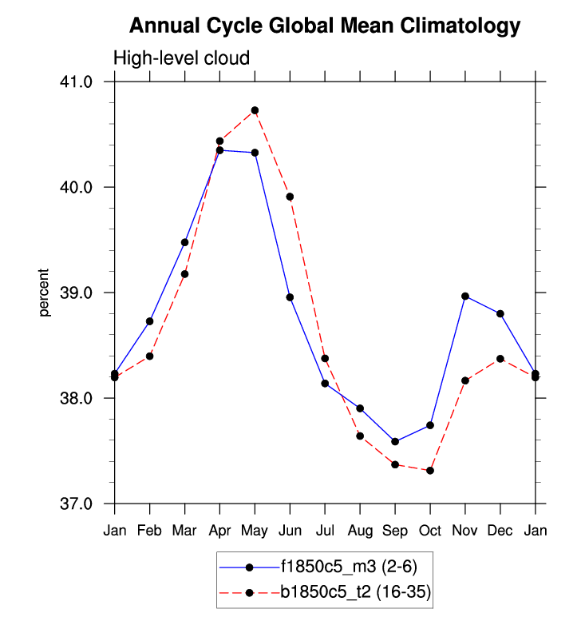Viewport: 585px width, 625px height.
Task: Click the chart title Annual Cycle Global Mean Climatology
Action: coord(325,26)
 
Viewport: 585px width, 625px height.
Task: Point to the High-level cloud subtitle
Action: coord(182,58)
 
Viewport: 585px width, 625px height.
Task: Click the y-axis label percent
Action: coord(45,293)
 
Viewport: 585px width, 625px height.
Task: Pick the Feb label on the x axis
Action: coord(150,530)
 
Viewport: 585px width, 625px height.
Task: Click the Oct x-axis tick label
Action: coord(430,530)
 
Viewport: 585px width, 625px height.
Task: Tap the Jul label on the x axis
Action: coord(325,530)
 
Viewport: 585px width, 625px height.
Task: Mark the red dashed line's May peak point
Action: coord(255,110)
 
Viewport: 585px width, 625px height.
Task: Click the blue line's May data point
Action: coord(255,153)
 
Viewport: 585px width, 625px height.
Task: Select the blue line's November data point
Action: coord(465,296)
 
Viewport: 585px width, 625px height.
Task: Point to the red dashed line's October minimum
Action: coord(430,471)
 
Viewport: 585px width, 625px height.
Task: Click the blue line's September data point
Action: coord(395,441)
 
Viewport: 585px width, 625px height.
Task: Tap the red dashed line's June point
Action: coord(290,197)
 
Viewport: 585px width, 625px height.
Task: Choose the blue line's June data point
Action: coord(290,297)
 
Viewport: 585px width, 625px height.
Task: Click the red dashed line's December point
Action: coord(500,359)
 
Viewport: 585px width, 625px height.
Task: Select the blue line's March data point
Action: coord(184,242)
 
